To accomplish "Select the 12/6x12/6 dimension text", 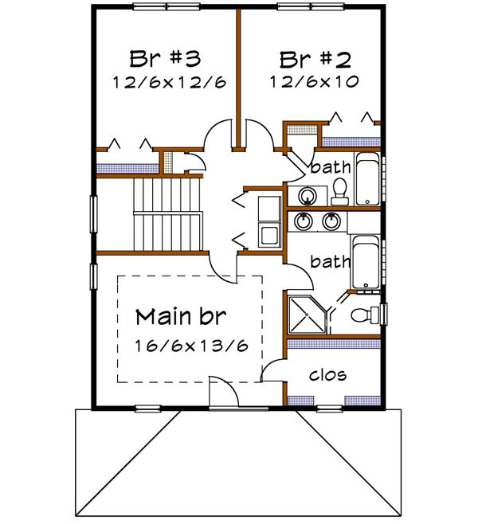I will [x=164, y=81].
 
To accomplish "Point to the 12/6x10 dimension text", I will [x=315, y=81].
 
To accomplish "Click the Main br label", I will [x=181, y=315].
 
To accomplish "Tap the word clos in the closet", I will [x=327, y=374].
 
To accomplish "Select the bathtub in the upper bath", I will [x=367, y=180].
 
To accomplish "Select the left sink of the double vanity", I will [x=304, y=221].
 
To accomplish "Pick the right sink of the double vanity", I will [x=333, y=221].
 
